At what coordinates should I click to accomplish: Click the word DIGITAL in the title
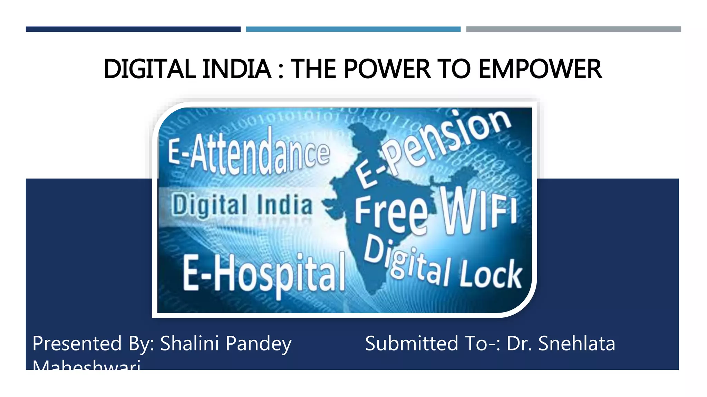click(x=150, y=69)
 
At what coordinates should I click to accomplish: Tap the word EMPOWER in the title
click(x=540, y=69)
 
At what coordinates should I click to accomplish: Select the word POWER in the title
click(x=387, y=69)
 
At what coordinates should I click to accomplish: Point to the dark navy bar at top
click(x=133, y=29)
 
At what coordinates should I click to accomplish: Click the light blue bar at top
click(x=353, y=29)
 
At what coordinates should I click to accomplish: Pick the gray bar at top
click(x=573, y=29)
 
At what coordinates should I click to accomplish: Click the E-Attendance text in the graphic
click(x=249, y=153)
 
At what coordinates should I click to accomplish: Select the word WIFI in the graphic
click(x=478, y=210)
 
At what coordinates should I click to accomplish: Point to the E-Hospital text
click(x=264, y=274)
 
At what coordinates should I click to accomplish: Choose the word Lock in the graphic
click(x=490, y=274)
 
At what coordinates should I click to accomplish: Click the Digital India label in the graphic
click(x=242, y=205)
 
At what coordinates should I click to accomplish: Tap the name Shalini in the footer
click(x=190, y=344)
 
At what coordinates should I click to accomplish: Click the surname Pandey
click(x=259, y=344)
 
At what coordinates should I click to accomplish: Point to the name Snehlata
click(x=577, y=344)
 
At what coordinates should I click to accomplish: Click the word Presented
click(x=77, y=344)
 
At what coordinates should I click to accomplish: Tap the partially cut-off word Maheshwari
click(x=86, y=365)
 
